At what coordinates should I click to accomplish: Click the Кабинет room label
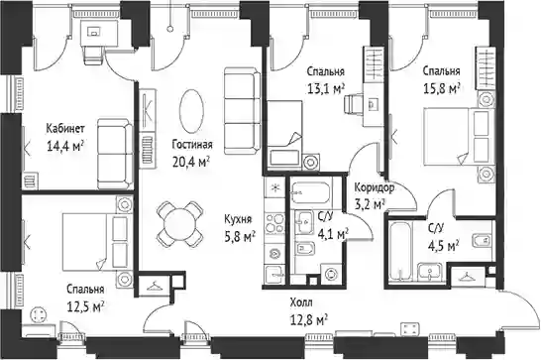(x=65, y=129)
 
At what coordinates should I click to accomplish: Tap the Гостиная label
(x=192, y=145)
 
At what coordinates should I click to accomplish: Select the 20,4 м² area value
(x=191, y=162)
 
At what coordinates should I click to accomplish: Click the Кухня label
(x=238, y=219)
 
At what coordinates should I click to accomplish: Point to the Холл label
(x=301, y=303)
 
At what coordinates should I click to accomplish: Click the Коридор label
(x=375, y=188)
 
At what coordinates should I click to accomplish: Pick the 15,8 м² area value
(x=442, y=88)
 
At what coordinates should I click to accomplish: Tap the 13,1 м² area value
(x=326, y=88)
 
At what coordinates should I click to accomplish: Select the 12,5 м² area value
(x=85, y=306)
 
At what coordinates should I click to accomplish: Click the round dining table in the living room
(x=179, y=224)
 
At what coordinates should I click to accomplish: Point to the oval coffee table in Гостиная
(x=191, y=111)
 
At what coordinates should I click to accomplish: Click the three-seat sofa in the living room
(x=242, y=110)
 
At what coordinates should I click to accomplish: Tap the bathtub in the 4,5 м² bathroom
(x=400, y=251)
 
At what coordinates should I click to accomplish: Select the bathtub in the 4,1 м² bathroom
(x=311, y=192)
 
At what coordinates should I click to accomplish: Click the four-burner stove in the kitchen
(x=274, y=223)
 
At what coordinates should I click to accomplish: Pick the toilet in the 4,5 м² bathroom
(x=482, y=240)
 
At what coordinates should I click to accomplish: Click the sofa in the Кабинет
(x=115, y=154)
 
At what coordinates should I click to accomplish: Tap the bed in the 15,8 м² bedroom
(x=457, y=136)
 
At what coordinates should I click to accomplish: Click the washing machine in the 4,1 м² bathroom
(x=331, y=274)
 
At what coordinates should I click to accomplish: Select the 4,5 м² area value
(x=443, y=246)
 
